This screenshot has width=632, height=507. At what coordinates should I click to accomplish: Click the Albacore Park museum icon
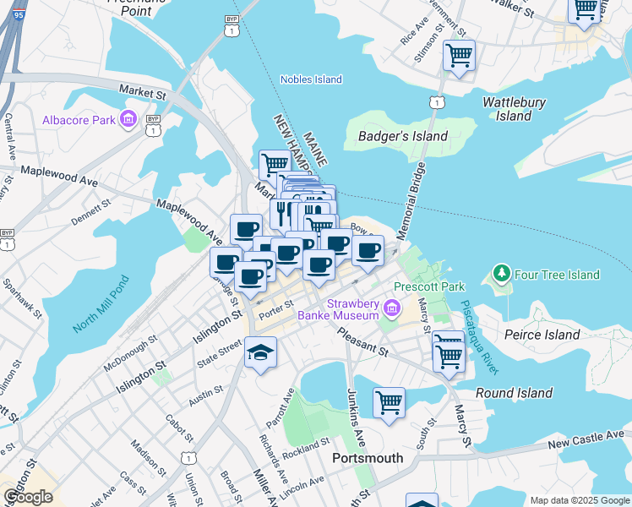point(128,120)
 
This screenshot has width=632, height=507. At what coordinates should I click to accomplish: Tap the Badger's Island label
point(402,136)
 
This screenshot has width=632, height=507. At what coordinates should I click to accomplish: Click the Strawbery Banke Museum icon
point(390,309)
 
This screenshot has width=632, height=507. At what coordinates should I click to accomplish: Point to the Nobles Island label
point(311,79)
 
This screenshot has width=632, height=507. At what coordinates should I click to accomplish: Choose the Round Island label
point(514,393)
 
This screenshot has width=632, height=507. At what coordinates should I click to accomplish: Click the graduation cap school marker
point(260,353)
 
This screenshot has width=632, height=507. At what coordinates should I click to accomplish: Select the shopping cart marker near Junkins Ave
point(389,402)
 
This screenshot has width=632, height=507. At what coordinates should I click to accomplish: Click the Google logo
point(28,497)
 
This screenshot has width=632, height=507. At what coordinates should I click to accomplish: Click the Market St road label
point(142,90)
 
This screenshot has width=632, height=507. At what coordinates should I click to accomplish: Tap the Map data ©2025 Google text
point(578,499)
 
